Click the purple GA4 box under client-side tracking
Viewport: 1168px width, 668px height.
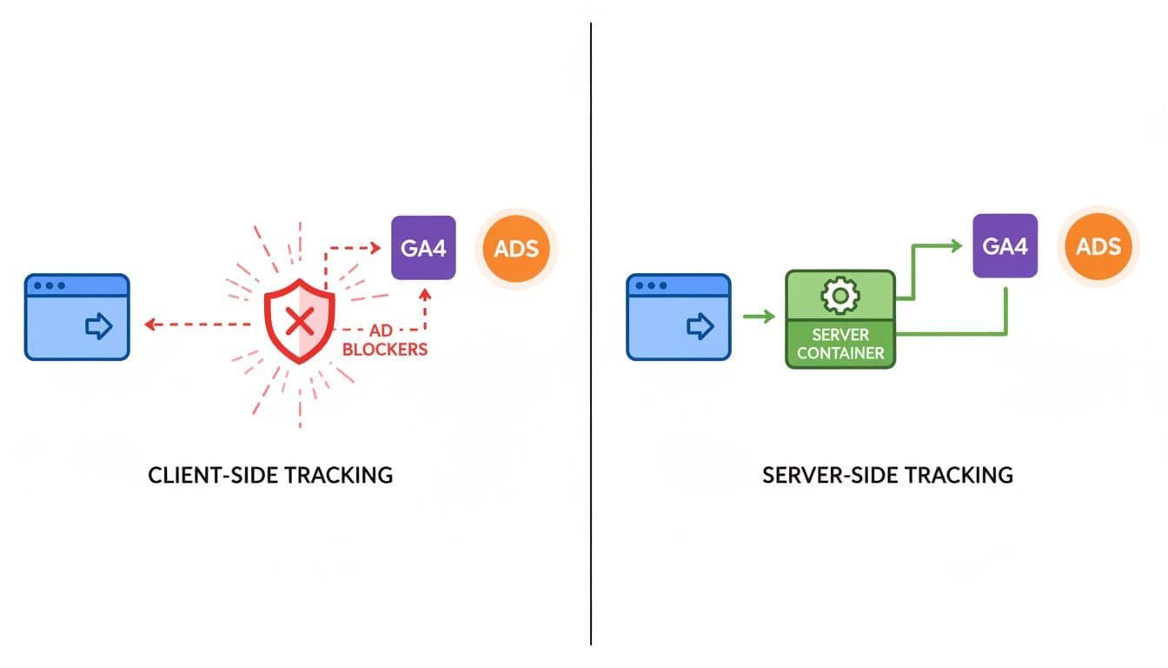pyautogui.click(x=423, y=248)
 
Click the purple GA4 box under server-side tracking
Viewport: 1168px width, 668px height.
pyautogui.click(x=1005, y=246)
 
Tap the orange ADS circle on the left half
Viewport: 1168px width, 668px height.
pyautogui.click(x=516, y=248)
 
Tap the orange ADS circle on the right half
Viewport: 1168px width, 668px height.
pyautogui.click(x=1098, y=246)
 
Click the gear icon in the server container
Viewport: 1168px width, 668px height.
pyautogui.click(x=839, y=297)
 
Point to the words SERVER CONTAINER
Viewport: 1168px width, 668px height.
pyautogui.click(x=839, y=344)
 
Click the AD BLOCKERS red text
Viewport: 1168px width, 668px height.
pyautogui.click(x=385, y=341)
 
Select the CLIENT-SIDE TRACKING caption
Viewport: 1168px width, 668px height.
pyautogui.click(x=270, y=476)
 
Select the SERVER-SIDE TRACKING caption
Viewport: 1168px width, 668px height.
pyautogui.click(x=886, y=476)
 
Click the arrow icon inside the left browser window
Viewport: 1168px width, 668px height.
pyautogui.click(x=99, y=326)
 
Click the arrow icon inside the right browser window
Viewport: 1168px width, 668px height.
pyautogui.click(x=700, y=326)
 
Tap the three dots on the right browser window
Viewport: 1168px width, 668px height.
pyautogui.click(x=647, y=286)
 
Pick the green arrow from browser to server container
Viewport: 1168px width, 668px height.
pyautogui.click(x=759, y=317)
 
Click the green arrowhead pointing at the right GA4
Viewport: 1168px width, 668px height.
pyautogui.click(x=955, y=246)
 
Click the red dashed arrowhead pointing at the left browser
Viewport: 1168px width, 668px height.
pyautogui.click(x=149, y=324)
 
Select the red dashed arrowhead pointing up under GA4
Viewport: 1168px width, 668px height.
pyautogui.click(x=425, y=295)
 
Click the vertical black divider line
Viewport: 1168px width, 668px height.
pyautogui.click(x=590, y=348)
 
